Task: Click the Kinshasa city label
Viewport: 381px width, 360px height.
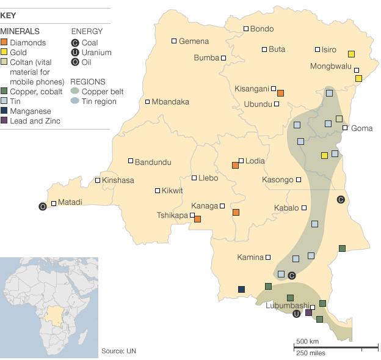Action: tap(118, 180)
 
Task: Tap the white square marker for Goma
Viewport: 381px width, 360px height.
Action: tap(345, 128)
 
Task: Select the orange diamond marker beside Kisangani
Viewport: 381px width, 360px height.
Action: tap(280, 93)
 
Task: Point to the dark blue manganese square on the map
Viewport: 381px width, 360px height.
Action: tap(241, 289)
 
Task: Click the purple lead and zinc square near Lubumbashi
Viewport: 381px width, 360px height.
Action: tap(308, 312)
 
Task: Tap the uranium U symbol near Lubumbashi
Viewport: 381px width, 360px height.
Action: tap(297, 314)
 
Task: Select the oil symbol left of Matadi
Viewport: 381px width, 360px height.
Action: tap(42, 207)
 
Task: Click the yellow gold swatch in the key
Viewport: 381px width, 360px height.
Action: tap(4, 53)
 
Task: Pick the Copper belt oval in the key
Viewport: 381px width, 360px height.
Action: tap(75, 92)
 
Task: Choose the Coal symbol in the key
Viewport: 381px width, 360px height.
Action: tap(75, 43)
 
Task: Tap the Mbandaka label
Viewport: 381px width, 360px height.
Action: tap(170, 101)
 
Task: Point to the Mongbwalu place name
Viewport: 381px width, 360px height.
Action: tap(331, 66)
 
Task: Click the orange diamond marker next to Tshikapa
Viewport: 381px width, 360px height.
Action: tap(197, 219)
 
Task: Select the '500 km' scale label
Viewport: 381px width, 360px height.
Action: tap(308, 341)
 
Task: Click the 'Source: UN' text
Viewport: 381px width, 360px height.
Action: tap(118, 351)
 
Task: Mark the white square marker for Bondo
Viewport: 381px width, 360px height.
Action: tap(246, 29)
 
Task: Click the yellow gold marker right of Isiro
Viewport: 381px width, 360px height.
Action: tap(351, 54)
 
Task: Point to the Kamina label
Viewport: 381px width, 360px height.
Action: tap(250, 257)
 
